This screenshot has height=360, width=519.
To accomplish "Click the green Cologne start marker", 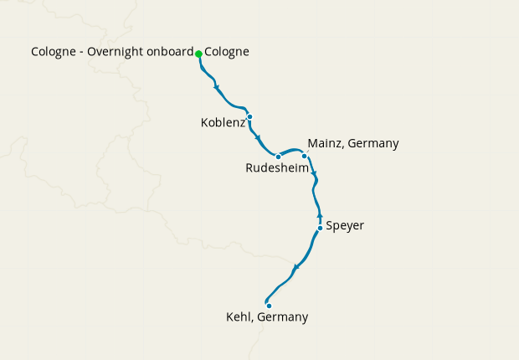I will tap(198, 54).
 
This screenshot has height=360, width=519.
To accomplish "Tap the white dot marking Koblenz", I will tap(249, 116).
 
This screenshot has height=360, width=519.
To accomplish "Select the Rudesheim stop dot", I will tap(278, 157).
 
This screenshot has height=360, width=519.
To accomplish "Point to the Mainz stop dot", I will tap(305, 156).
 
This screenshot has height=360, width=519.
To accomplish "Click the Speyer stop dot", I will tap(320, 228).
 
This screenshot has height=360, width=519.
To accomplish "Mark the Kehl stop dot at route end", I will tap(269, 306).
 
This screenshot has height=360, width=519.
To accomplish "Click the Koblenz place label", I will tap(223, 123).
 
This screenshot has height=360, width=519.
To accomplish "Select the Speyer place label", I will tap(345, 226).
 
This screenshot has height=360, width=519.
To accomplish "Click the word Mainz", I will tap(325, 143).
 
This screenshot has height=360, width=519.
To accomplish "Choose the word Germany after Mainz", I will tap(373, 143).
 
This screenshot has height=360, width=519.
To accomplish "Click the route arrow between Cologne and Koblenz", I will tap(217, 88).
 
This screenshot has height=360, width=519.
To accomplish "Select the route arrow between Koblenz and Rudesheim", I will tap(258, 138).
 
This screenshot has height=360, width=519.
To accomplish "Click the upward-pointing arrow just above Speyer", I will tap(319, 217).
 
